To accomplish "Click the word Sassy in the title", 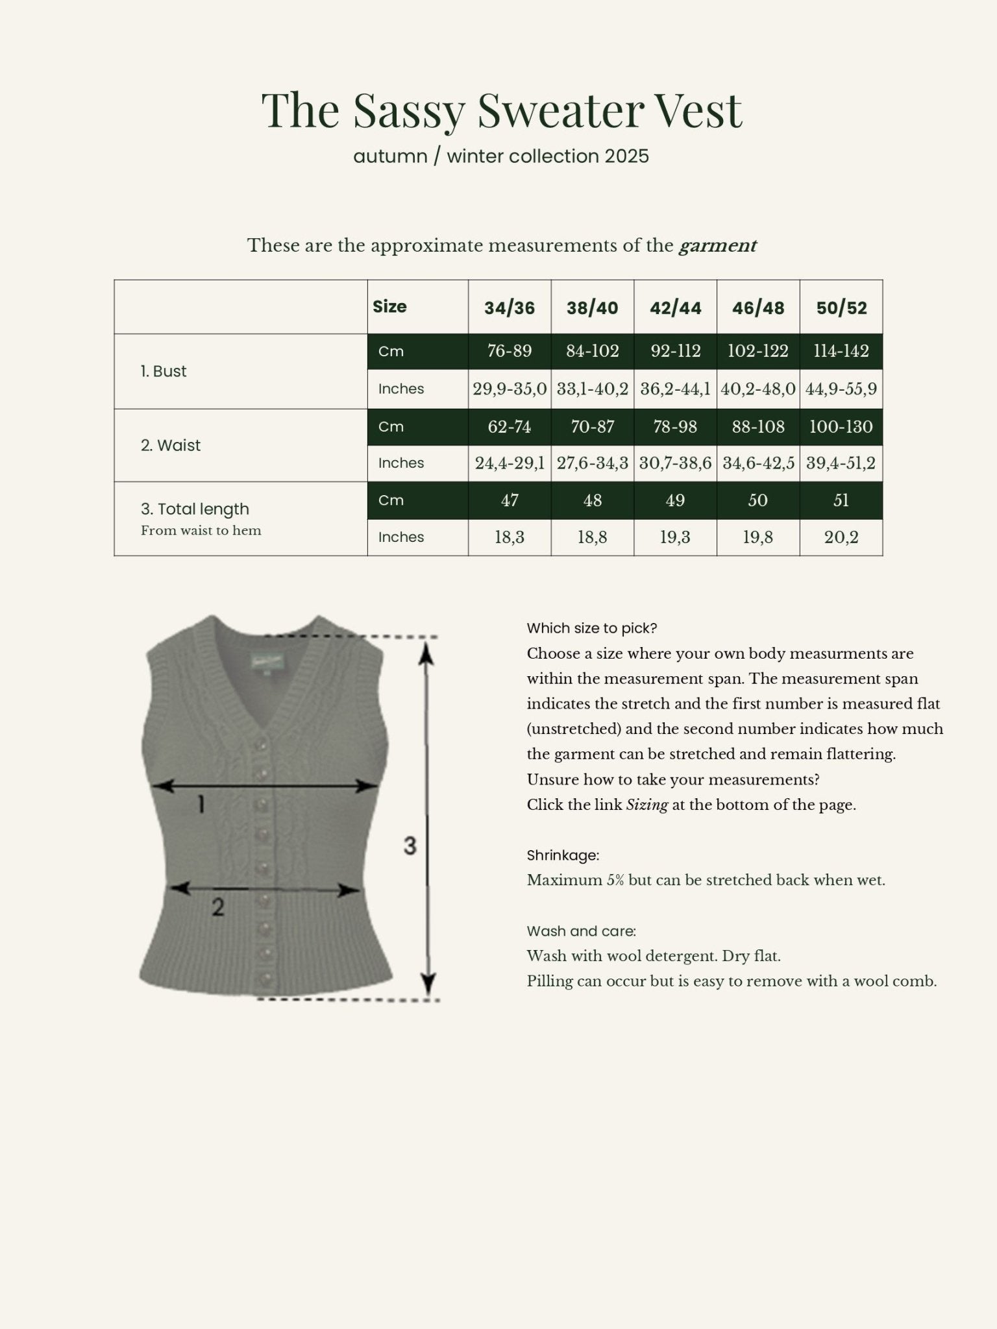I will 408,110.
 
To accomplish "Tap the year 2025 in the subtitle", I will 626,156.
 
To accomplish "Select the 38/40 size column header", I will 592,308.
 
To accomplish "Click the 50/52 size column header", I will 841,308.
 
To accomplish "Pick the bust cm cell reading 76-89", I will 510,351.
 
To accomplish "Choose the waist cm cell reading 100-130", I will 841,426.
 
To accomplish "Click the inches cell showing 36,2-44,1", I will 675,389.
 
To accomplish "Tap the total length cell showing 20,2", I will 841,537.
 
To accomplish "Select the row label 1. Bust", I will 164,371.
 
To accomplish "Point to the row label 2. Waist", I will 171,445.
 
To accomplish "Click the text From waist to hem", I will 201,531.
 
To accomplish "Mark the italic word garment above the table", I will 717,246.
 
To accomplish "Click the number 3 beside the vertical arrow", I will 410,846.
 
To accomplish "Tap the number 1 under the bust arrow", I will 201,805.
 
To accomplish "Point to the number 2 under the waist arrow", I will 217,907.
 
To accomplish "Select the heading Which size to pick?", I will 592,628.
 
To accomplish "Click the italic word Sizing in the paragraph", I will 646,805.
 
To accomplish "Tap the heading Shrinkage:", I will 563,855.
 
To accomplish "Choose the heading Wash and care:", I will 581,931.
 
